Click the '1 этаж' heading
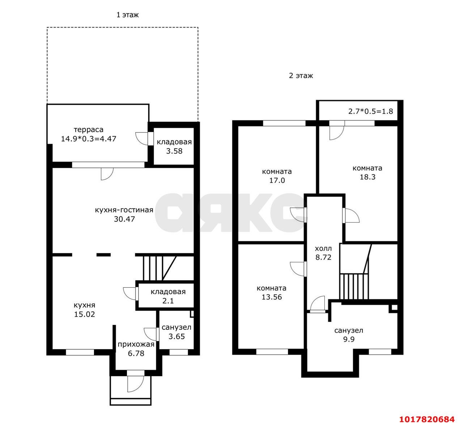coord(127,15)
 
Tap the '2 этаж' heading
coord(301,76)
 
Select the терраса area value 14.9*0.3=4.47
coord(89,139)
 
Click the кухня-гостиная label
coord(124,210)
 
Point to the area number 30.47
coord(124,219)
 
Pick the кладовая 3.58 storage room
coord(174,146)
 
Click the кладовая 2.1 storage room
coord(166,296)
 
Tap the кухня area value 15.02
coord(85,314)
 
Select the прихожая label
coord(136,345)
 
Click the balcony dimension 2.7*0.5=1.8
coord(370,111)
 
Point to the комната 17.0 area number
coord(277,180)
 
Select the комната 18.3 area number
coord(368,177)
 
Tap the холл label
coord(323,249)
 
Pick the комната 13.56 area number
coord(272,297)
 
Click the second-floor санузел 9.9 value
coord(349,339)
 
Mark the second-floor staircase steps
coord(354,287)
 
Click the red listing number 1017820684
coord(427,419)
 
